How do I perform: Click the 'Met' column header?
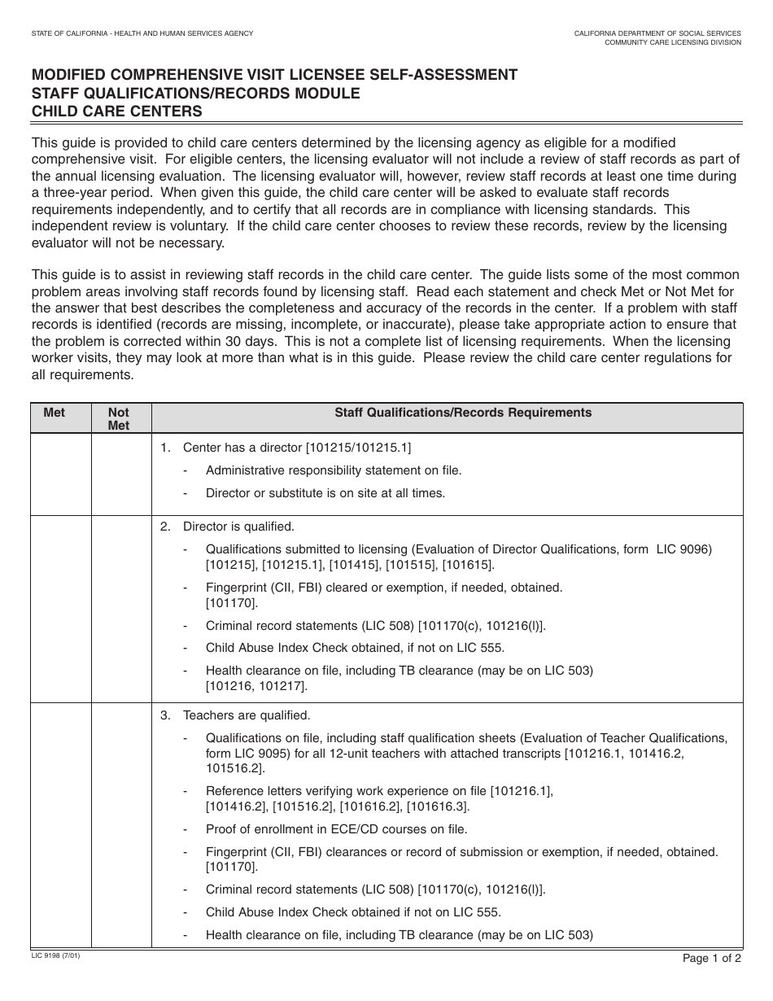point(54,413)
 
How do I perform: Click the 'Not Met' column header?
point(119,419)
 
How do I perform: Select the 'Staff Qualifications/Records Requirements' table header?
point(463,413)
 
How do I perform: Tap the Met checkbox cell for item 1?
point(61,474)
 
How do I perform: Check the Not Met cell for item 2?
point(121,609)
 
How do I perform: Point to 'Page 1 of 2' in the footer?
point(712,958)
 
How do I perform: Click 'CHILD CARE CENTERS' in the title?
point(116,111)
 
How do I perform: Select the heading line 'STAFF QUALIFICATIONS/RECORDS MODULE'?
point(195,94)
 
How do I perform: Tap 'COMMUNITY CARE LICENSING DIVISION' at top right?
point(672,42)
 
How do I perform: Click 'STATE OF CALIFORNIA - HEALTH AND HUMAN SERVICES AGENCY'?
point(142,33)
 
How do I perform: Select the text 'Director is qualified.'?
point(238,527)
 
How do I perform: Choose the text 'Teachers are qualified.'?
point(247,715)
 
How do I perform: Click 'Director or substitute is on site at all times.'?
point(325,492)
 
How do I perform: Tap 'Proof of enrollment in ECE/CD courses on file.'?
point(336,829)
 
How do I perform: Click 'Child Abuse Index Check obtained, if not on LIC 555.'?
point(355,648)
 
